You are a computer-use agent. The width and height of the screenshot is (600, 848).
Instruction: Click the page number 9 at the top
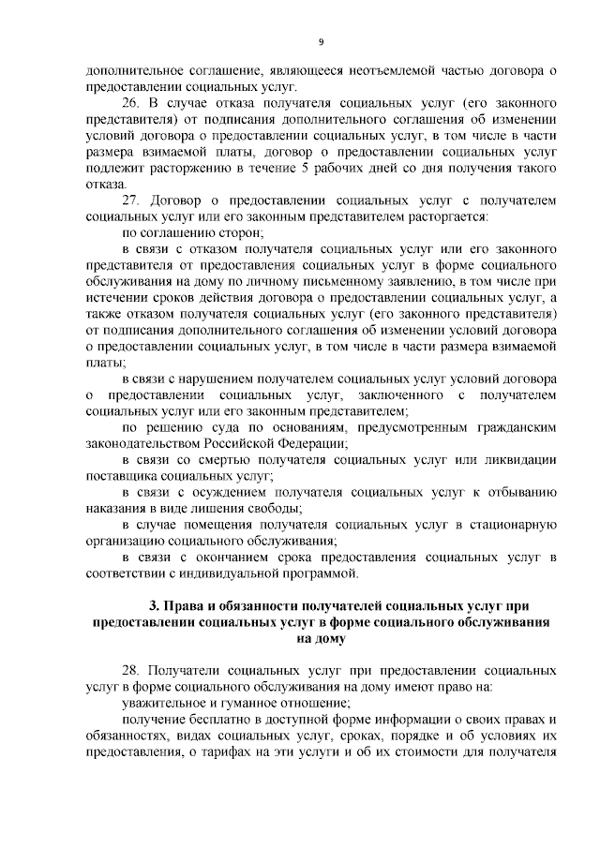[x=321, y=42]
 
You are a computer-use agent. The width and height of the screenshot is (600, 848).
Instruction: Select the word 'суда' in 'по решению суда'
[x=204, y=427]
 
